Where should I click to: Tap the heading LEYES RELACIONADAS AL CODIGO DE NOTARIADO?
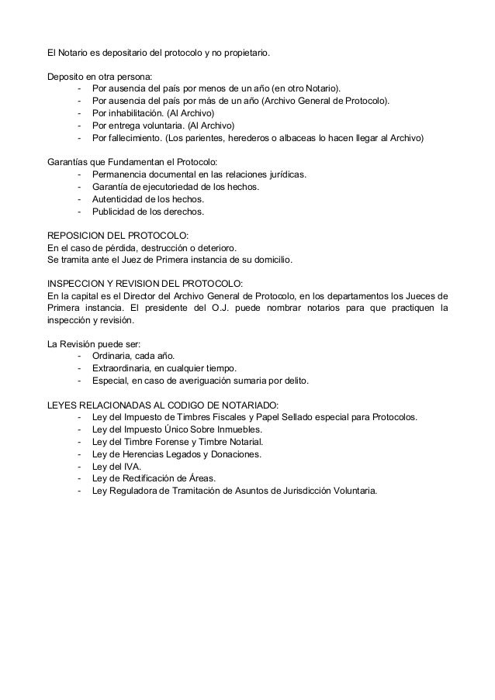[x=163, y=405]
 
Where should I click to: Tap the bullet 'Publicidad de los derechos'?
[x=147, y=211]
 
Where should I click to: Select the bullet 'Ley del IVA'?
[x=116, y=466]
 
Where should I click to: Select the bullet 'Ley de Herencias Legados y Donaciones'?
[x=176, y=453]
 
